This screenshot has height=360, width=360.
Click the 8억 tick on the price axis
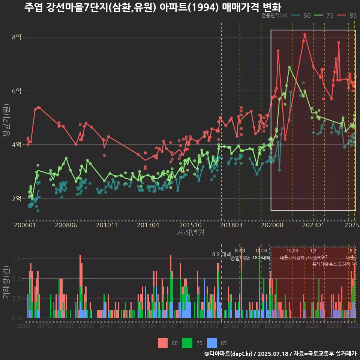[16, 37]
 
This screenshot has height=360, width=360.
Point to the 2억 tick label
[16, 198]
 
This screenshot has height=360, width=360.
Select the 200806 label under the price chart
[66, 225]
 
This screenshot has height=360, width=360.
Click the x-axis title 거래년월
[190, 232]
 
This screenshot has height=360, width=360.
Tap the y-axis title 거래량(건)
[6, 283]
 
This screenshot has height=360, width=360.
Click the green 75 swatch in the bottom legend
[187, 343]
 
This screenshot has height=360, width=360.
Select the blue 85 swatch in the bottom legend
[212, 343]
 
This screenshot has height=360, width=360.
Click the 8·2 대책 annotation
[221, 254]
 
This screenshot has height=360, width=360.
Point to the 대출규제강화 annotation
[291, 258]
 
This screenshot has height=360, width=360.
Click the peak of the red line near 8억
[305, 34]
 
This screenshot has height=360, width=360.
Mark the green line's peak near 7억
[289, 67]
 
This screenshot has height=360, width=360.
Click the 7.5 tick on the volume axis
[16, 259]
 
